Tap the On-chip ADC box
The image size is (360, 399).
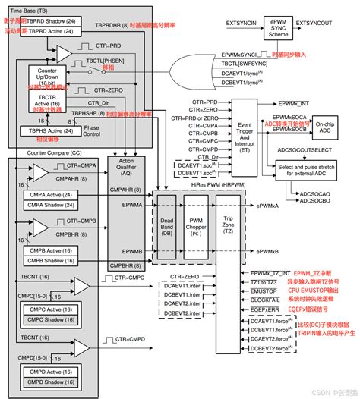(x=329, y=121)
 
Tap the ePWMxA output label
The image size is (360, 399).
(x=270, y=205)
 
